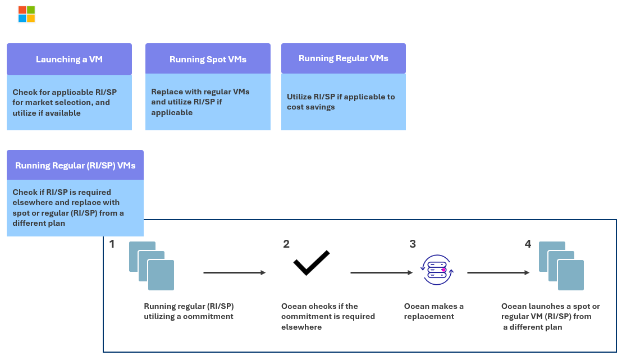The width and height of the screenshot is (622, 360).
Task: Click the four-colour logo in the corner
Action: [26, 14]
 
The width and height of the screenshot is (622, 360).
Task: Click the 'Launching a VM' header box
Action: [69, 59]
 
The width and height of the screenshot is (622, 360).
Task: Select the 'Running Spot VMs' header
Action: [208, 59]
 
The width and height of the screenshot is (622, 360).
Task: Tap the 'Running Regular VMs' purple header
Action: [343, 58]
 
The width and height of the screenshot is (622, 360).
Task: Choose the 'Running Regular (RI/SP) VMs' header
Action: [75, 165]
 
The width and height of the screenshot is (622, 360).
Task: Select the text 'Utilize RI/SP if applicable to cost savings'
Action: [341, 102]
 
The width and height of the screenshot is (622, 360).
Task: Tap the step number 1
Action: [112, 244]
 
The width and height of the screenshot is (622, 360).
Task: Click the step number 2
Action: [286, 244]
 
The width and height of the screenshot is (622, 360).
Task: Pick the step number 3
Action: [413, 244]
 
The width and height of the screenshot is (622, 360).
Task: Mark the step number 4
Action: [528, 244]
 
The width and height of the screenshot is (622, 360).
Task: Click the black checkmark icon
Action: [311, 263]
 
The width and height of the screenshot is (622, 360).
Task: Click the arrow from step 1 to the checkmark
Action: [234, 273]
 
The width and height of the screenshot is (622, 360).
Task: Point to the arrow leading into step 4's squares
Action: [498, 273]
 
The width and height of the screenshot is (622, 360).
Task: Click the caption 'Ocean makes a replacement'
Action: [434, 311]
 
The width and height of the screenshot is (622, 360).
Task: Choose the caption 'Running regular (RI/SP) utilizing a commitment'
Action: [189, 311]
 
